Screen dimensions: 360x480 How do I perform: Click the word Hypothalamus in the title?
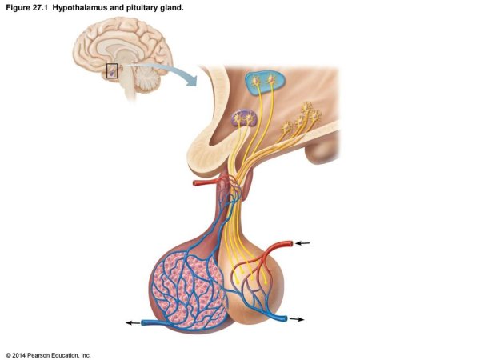pyautogui.click(x=82, y=7)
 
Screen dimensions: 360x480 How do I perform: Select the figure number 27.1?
pyautogui.click(x=39, y=7)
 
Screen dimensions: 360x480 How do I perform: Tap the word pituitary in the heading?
pyautogui.click(x=141, y=7)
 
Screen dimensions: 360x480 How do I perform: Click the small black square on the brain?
pyautogui.click(x=112, y=70)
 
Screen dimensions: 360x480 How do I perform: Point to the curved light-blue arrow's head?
pyautogui.click(x=192, y=85)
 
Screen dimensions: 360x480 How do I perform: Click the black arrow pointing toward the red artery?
pyautogui.click(x=303, y=242)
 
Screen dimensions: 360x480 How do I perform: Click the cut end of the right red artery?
pyautogui.click(x=289, y=242)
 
